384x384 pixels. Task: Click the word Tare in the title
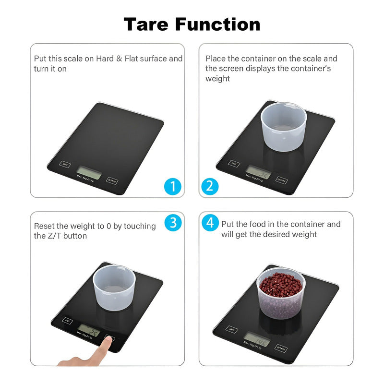click(x=146, y=24)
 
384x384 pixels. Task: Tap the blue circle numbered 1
click(x=173, y=186)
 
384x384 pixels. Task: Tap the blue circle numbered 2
click(x=210, y=186)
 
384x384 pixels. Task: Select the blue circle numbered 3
click(x=173, y=223)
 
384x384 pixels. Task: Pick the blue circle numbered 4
click(x=210, y=223)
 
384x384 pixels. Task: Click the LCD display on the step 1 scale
click(x=89, y=172)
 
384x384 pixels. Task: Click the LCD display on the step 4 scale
click(x=256, y=340)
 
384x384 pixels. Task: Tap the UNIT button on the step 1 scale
click(x=65, y=164)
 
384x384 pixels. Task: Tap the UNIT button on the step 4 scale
click(x=232, y=330)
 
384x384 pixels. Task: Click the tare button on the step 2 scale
click(x=282, y=180)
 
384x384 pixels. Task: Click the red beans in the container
click(x=281, y=284)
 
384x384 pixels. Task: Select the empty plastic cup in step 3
click(x=114, y=289)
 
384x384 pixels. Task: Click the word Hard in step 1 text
click(x=105, y=59)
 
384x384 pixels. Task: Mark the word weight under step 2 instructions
click(x=217, y=78)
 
